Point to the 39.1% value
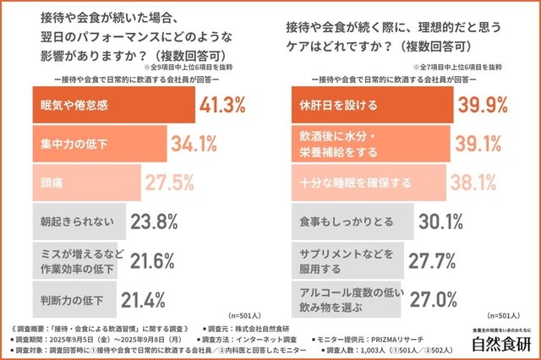[479, 144]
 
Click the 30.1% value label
[440, 222]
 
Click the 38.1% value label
[476, 183]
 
